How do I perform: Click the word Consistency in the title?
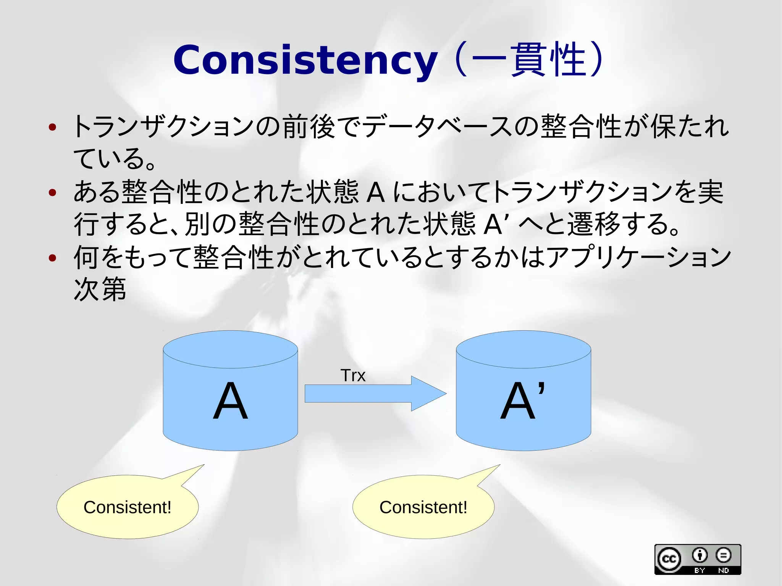coord(305,60)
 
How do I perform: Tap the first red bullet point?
coord(53,127)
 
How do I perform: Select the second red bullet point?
coord(53,192)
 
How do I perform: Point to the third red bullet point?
coord(53,258)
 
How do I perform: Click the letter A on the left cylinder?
coord(230,401)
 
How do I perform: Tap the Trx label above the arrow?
coord(353,376)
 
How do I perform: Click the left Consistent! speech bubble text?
coord(128,507)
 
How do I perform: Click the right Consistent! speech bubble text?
coord(423,507)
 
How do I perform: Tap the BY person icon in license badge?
coord(700,555)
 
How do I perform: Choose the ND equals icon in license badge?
coord(723,555)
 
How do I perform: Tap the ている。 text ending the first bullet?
coord(115,159)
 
